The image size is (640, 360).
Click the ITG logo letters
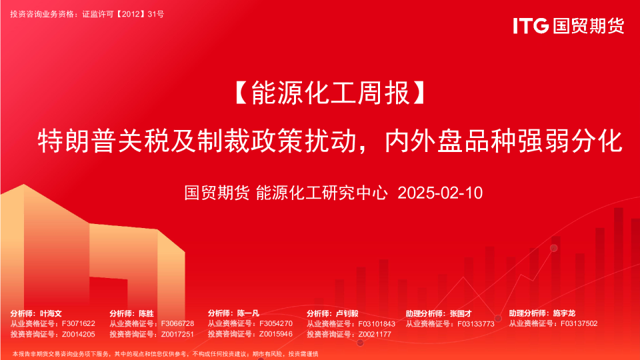[x=531, y=26]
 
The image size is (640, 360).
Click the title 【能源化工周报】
[x=330, y=93]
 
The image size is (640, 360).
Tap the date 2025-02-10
[x=440, y=193]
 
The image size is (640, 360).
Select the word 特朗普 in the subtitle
[x=77, y=141]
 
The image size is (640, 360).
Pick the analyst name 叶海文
[x=51, y=313]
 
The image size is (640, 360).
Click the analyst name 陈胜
[x=146, y=313]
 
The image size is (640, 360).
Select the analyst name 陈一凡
[x=248, y=313]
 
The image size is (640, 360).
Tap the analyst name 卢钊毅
[x=347, y=313]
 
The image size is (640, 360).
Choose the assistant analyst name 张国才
[x=461, y=313]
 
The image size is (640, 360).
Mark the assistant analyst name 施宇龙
[x=564, y=313]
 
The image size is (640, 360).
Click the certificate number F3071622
[x=79, y=324]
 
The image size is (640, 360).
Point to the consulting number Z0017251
[x=177, y=334]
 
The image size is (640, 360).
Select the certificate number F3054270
[x=276, y=324]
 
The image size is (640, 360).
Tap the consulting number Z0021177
[x=375, y=334]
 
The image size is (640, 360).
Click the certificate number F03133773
[x=476, y=324]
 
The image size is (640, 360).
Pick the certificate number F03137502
[x=579, y=324]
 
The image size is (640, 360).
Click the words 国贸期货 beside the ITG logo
[x=589, y=26]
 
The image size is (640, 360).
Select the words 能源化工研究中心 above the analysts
[x=321, y=193]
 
